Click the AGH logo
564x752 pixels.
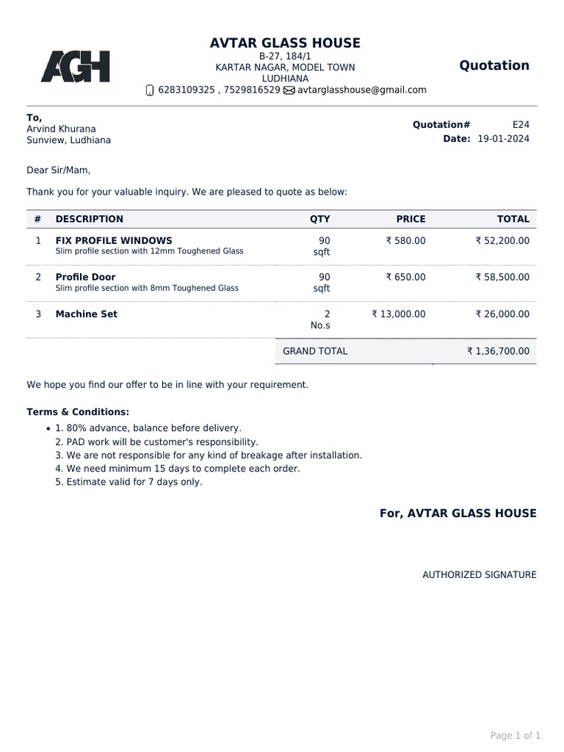[x=75, y=67]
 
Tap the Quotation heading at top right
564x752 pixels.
[x=494, y=65]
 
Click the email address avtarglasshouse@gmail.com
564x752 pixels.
[x=362, y=90]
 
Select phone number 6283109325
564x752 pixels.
[x=187, y=90]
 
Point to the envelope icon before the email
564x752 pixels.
[x=289, y=90]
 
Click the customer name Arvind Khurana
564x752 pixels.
[x=61, y=129]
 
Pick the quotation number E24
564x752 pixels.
[x=521, y=125]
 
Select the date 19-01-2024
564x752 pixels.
[x=503, y=139]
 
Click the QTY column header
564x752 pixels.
[x=320, y=219]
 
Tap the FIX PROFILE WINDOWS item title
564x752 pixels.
[x=114, y=240]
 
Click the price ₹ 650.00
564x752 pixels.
[x=405, y=277]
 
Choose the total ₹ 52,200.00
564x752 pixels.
[x=502, y=240]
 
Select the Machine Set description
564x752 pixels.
[x=87, y=314]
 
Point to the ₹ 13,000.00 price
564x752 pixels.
[x=399, y=314]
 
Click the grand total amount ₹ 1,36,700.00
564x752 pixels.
[x=498, y=351]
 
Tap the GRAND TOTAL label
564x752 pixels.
[x=315, y=351]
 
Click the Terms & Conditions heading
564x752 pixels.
[x=78, y=412]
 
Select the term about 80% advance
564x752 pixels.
[x=153, y=427]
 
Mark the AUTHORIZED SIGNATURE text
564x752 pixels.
[x=479, y=575]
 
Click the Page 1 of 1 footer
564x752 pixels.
[x=515, y=735]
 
